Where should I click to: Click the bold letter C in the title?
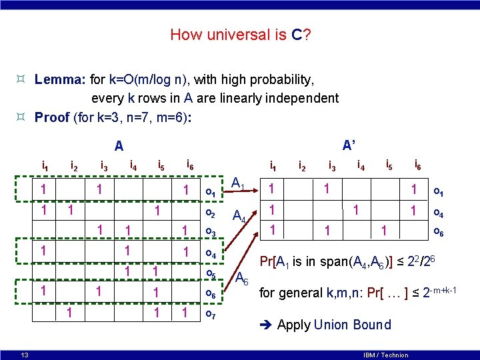coord(297,34)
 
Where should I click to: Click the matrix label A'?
coord(349,145)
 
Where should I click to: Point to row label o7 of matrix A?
coord(211,313)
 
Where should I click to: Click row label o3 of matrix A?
coord(211,232)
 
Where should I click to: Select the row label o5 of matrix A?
coord(211,273)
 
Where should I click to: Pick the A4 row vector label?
coord(239,217)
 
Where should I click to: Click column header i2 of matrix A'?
coord(302,165)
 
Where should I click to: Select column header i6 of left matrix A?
coord(190,165)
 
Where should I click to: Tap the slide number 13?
coord(24,354)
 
